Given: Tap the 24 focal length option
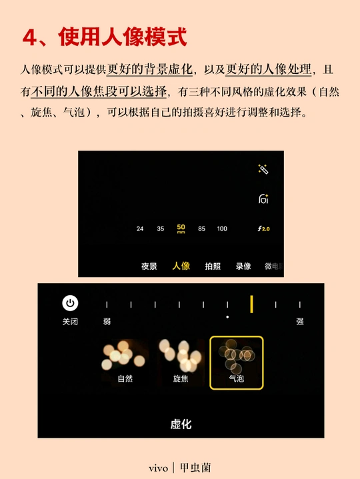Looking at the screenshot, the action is click(x=140, y=229).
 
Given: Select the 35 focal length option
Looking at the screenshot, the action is click(x=161, y=229).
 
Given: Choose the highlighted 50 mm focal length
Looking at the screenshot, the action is click(x=181, y=229).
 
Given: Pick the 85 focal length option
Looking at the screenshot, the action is click(x=201, y=229).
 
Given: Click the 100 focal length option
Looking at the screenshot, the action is click(x=222, y=229).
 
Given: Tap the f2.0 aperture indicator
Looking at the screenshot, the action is click(x=264, y=229).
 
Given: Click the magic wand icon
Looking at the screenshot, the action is click(x=263, y=169).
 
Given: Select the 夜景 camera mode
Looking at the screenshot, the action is click(x=149, y=266).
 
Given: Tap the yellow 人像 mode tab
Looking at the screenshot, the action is click(x=181, y=266).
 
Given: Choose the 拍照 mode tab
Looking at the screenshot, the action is click(x=213, y=266).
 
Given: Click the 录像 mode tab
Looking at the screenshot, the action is click(x=243, y=266).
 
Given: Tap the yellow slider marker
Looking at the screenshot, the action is click(x=251, y=304).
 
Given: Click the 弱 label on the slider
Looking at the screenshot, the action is click(x=107, y=321).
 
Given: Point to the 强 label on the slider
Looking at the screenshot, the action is click(x=300, y=321).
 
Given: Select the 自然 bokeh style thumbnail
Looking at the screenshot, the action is click(x=125, y=362).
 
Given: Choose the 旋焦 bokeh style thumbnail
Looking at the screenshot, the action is click(x=181, y=362).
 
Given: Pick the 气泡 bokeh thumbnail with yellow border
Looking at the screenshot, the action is click(x=237, y=362).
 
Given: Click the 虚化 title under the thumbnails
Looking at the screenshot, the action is click(x=181, y=424).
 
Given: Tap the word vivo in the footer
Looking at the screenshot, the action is click(x=158, y=468).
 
